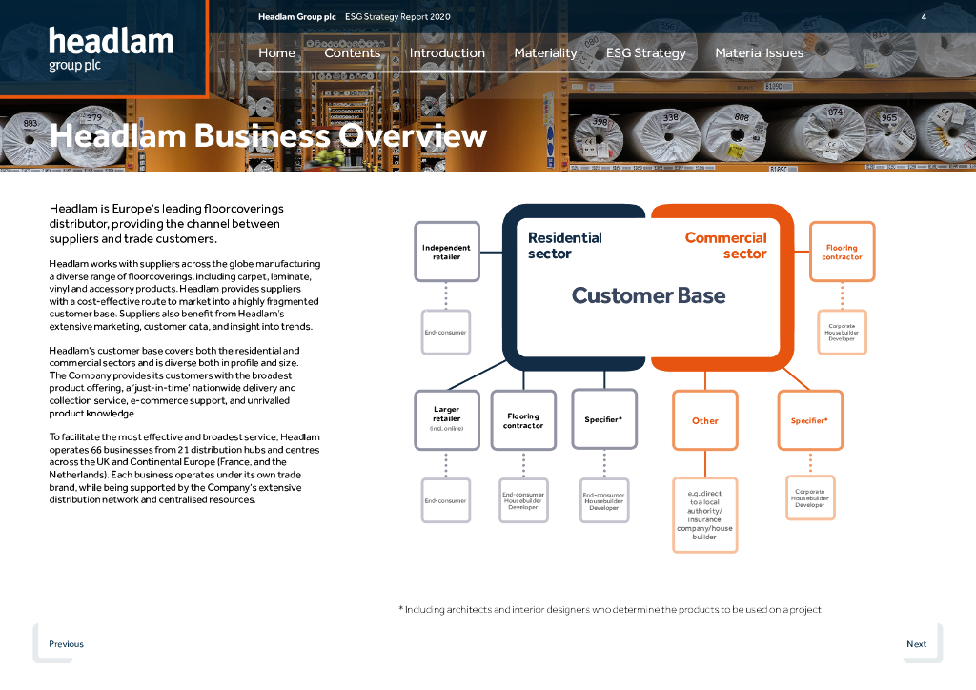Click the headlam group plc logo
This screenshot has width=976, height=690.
click(111, 50)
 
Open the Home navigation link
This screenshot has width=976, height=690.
click(276, 53)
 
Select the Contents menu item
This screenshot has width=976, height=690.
click(352, 53)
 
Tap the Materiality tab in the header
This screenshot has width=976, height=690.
click(545, 53)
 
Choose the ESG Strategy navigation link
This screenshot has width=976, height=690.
click(645, 53)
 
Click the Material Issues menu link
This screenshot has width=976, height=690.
click(759, 53)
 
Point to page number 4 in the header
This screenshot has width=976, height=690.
click(924, 17)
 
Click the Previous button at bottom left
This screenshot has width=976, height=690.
click(66, 644)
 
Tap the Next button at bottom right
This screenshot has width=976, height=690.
click(916, 644)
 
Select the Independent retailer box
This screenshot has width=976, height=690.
click(446, 252)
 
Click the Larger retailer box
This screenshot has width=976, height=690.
click(446, 419)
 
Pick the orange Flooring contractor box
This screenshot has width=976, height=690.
click(842, 252)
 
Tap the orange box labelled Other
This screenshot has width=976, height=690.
click(705, 420)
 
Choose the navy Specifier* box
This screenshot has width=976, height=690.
click(603, 419)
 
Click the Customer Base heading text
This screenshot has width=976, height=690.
click(648, 295)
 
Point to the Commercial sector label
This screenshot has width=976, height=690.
click(725, 245)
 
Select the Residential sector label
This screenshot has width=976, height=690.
click(564, 245)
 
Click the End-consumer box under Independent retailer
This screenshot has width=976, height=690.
click(445, 333)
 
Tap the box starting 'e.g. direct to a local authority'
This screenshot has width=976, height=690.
click(704, 515)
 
